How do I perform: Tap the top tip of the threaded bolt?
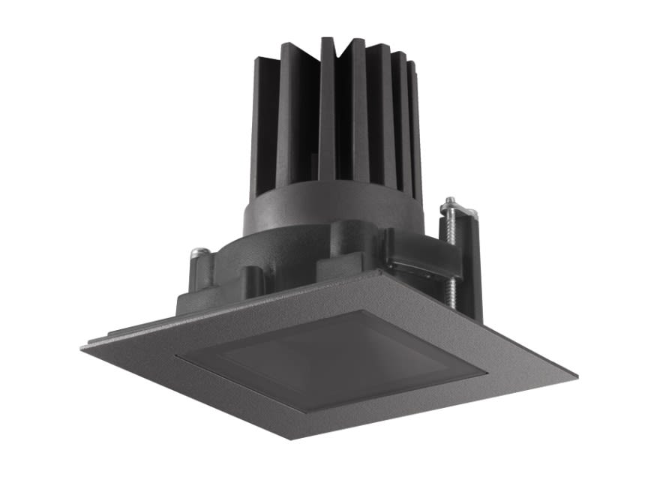pos(449,200)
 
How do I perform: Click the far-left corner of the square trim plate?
pos(82,346)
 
